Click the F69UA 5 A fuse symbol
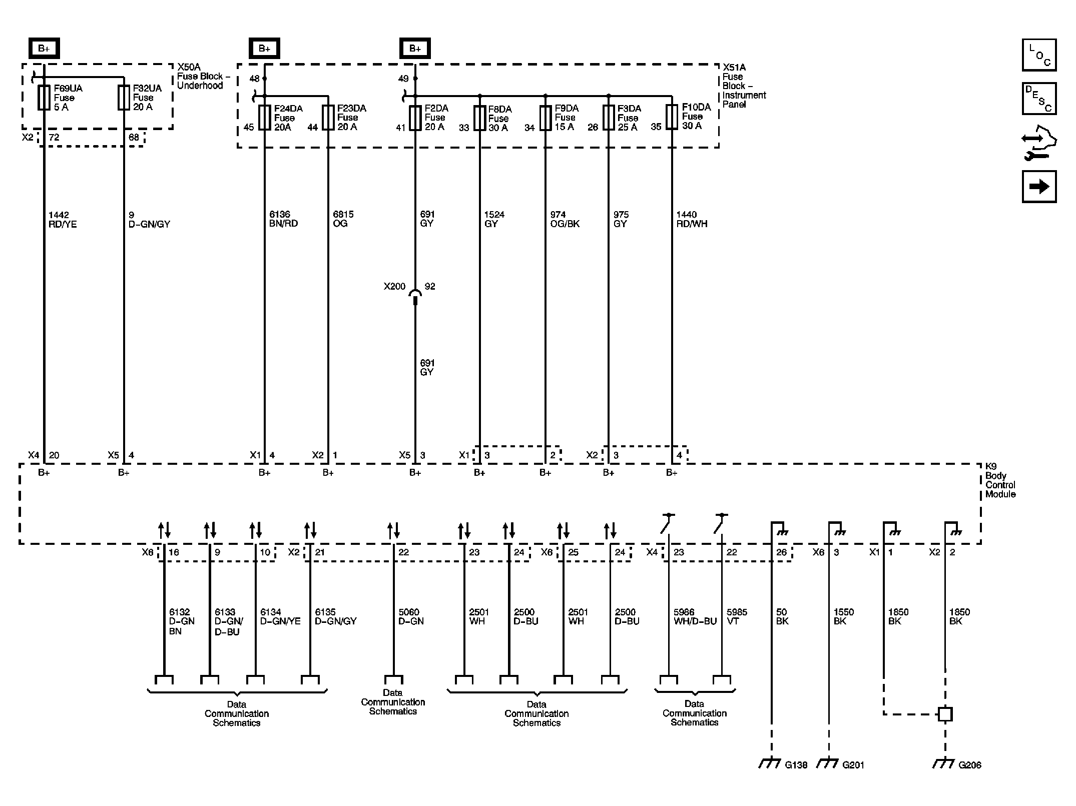pos(44,98)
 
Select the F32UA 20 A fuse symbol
pos(124,98)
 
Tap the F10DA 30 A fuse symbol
pos(672,117)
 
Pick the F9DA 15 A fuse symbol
pos(545,118)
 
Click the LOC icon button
pos(1039,55)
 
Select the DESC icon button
pos(1039,99)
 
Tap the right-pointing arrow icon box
pos(1039,187)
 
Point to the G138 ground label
pos(796,765)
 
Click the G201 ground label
pos(853,765)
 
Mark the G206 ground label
pos(969,765)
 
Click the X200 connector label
pos(394,287)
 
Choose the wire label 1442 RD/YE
pos(63,220)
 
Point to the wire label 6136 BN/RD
pos(283,219)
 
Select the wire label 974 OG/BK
pos(565,219)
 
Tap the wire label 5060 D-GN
pos(411,616)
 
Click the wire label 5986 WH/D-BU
pos(695,616)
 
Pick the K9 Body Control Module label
pos(1000,480)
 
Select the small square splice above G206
pos(945,714)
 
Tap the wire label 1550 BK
pos(843,616)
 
